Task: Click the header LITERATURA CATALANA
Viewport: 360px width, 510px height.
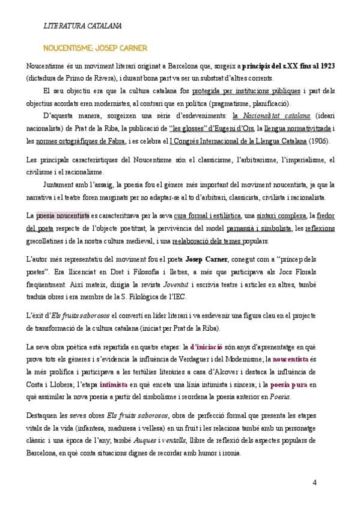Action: [x=83, y=26]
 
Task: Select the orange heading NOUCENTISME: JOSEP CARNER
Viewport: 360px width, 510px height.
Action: [x=95, y=48]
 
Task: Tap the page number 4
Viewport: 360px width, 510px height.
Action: [x=314, y=484]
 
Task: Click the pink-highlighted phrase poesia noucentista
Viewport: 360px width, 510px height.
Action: [x=63, y=215]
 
